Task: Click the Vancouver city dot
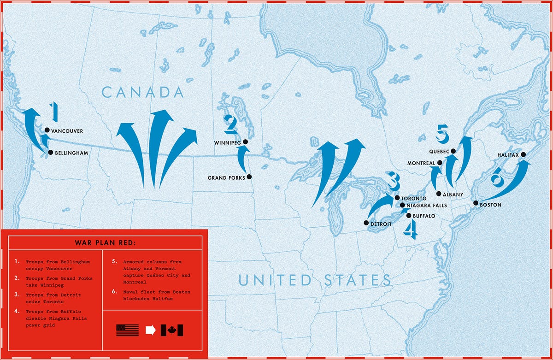coord(47,130)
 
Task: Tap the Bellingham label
coord(71,153)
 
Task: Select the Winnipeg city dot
coord(245,142)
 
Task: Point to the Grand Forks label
coord(226,177)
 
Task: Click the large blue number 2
coord(230,124)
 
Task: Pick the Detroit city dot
coord(366,223)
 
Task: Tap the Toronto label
coord(410,198)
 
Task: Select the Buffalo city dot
coord(408,215)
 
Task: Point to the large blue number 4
coord(411,230)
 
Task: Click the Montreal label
coord(421,163)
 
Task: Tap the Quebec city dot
coord(453,151)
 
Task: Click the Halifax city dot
coord(524,155)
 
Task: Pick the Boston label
coord(490,205)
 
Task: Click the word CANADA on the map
coord(143,92)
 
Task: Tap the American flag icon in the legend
coord(128,330)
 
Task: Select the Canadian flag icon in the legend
coord(172,330)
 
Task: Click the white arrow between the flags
coord(150,330)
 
